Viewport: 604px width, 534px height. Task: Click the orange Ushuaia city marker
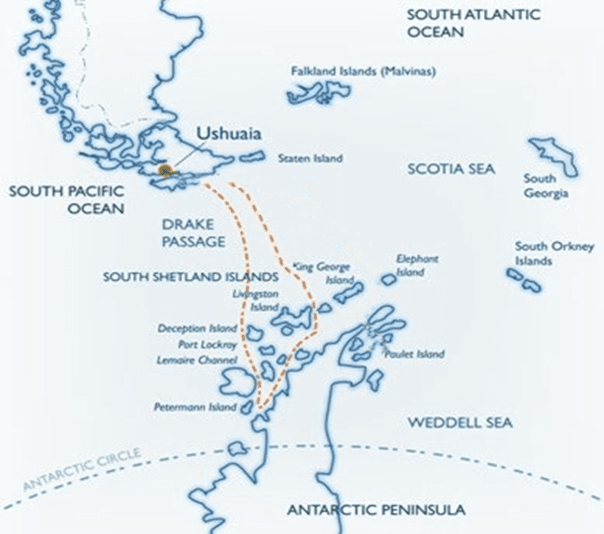click(166, 170)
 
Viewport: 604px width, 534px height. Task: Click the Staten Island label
click(310, 158)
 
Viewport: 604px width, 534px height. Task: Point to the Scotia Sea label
click(451, 169)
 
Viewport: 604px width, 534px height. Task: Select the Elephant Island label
click(417, 265)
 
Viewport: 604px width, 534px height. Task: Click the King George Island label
click(324, 273)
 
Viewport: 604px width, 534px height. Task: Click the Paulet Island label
click(414, 354)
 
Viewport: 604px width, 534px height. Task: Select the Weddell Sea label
click(460, 423)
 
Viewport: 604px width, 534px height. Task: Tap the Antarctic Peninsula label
click(377, 509)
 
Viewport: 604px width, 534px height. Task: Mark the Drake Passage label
click(193, 232)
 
